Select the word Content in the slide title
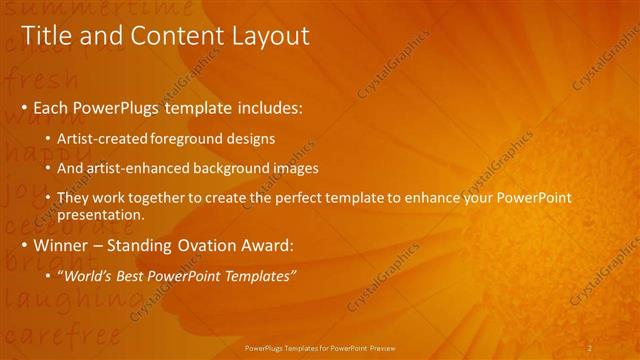[172, 36]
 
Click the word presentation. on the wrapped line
[101, 214]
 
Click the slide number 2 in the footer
[590, 347]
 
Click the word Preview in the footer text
[381, 348]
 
